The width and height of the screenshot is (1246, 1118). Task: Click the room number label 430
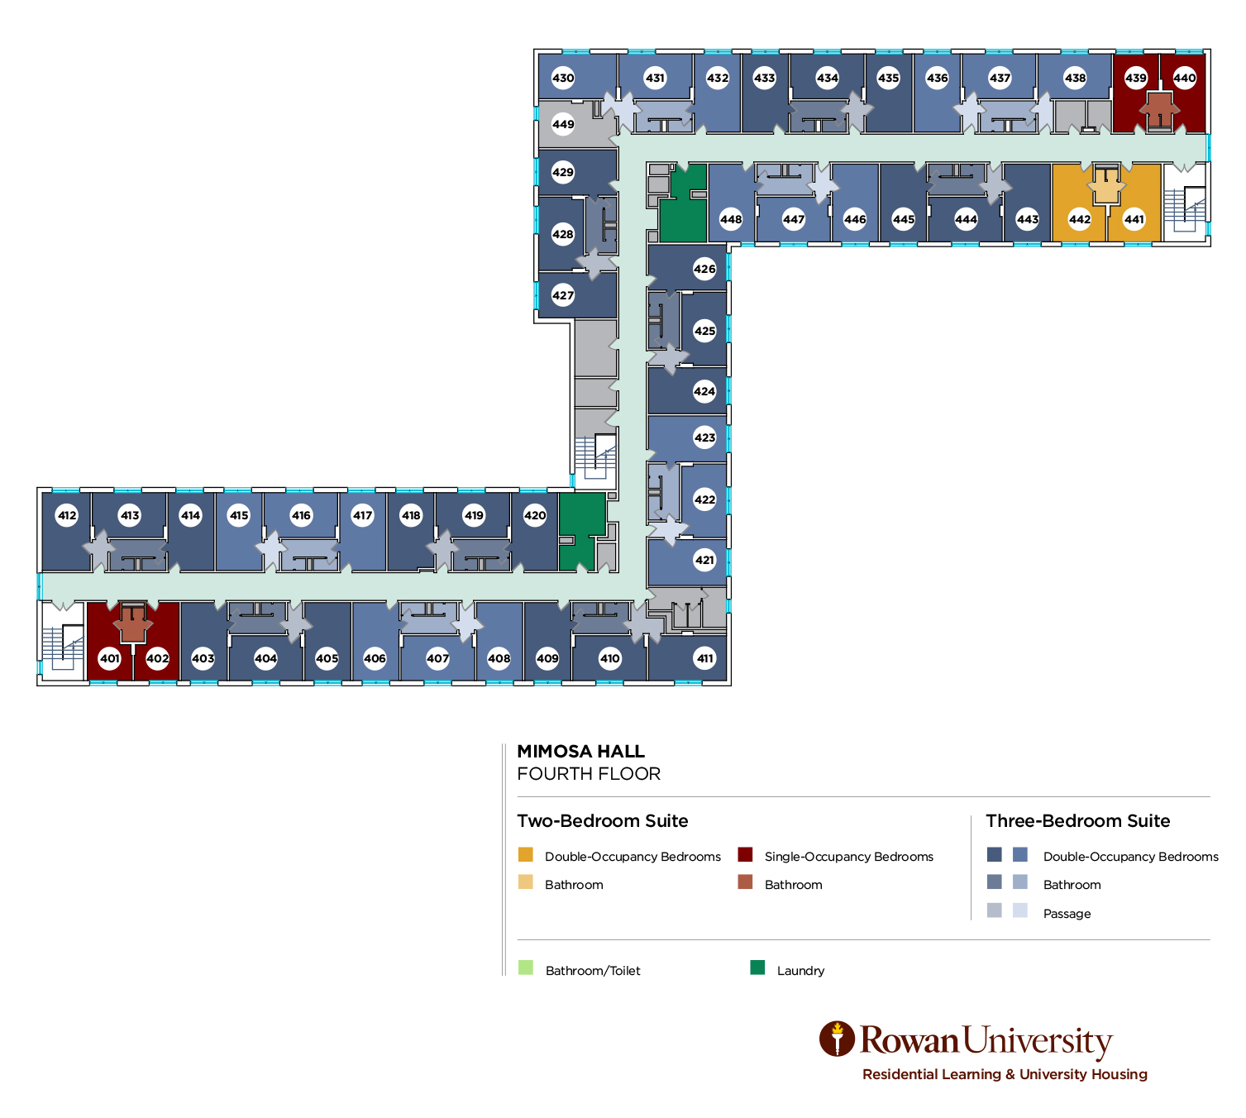(x=563, y=79)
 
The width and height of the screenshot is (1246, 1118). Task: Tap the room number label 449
(x=563, y=125)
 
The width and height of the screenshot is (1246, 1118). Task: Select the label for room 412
(x=67, y=515)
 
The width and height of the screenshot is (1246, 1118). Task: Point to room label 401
(x=110, y=659)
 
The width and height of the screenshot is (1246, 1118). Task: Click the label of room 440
(x=1185, y=79)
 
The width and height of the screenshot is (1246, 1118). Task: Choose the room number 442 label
(x=1080, y=219)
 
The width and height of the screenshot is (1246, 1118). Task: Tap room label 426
(x=704, y=269)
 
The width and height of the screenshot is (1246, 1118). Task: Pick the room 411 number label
(x=704, y=659)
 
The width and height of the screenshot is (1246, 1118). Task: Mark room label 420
(x=535, y=515)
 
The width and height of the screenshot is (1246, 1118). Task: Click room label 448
(x=731, y=219)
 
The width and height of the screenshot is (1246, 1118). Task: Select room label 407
(x=437, y=659)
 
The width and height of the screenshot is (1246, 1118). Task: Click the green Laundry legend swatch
(x=757, y=967)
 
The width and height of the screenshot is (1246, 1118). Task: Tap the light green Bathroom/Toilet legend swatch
(x=526, y=967)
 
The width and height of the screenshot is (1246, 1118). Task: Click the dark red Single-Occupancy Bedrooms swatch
(x=745, y=854)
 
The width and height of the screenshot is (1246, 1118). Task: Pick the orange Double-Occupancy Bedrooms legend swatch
(x=526, y=854)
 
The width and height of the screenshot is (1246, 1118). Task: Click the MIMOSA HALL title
(x=580, y=752)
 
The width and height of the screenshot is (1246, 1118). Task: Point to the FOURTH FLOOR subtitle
(x=589, y=774)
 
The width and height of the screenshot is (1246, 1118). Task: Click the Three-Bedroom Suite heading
(x=1077, y=821)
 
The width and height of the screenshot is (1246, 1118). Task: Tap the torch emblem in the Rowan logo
(x=837, y=1039)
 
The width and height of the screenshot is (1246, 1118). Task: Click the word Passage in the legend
(x=1067, y=914)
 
